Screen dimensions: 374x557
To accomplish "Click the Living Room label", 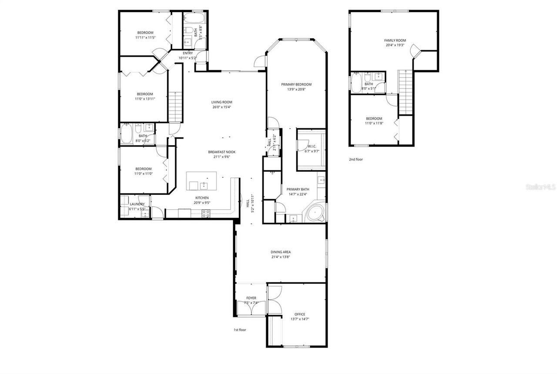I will tap(221, 102).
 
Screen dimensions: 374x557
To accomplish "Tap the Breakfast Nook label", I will tap(221, 152).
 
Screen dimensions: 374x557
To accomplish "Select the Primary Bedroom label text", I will tap(296, 85).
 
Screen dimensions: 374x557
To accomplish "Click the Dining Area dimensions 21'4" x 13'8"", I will tap(281, 257).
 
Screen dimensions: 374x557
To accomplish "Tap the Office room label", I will tap(299, 314).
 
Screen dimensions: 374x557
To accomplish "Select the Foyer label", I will tap(251, 298).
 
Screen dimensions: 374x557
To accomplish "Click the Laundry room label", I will tap(137, 204).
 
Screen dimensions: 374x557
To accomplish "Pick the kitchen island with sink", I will tap(201, 181).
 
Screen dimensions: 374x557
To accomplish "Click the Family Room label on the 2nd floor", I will tap(395, 40).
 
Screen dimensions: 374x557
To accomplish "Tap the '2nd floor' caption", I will tap(356, 160).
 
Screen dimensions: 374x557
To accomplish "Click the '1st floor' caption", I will tap(240, 330).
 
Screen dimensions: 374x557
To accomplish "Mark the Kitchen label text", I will tap(201, 197).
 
